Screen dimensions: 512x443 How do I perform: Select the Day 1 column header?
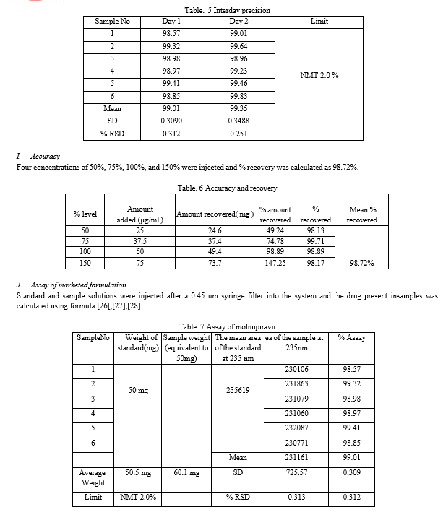click(172, 22)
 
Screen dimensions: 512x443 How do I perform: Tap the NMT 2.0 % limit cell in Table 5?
click(319, 75)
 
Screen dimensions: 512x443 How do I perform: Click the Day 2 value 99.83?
click(238, 95)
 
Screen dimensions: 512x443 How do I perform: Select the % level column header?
click(85, 214)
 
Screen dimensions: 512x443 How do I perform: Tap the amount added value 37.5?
click(140, 240)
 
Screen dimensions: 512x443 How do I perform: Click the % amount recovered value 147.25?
click(275, 264)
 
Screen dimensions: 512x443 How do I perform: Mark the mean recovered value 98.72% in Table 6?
click(361, 264)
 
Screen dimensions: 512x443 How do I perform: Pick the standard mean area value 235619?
click(238, 390)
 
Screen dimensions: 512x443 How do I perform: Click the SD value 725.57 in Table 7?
click(298, 472)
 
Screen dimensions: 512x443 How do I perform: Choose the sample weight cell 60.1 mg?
click(186, 472)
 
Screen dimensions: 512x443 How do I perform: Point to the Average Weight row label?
click(93, 477)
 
